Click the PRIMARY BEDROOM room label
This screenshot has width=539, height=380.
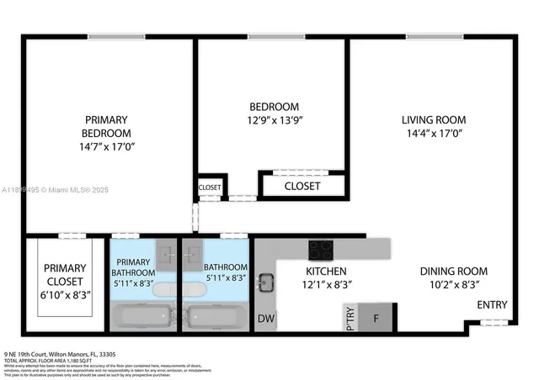pyautogui.click(x=106, y=126)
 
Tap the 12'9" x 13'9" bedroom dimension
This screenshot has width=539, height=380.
pyautogui.click(x=275, y=120)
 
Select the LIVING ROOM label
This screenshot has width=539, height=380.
pyautogui.click(x=433, y=119)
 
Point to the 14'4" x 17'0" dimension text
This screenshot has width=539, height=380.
pyautogui.click(x=433, y=133)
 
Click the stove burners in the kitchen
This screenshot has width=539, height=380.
pyautogui.click(x=320, y=249)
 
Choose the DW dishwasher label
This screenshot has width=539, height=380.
pyautogui.click(x=265, y=319)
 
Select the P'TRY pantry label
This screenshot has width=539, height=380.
pyautogui.click(x=350, y=319)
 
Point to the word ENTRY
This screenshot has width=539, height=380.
pyautogui.click(x=493, y=304)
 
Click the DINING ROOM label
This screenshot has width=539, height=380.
pyautogui.click(x=455, y=272)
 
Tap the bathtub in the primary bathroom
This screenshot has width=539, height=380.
pyautogui.click(x=142, y=318)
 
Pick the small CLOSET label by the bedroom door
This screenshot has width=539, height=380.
pyautogui.click(x=210, y=187)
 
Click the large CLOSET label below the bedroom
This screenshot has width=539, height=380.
pyautogui.click(x=302, y=186)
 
